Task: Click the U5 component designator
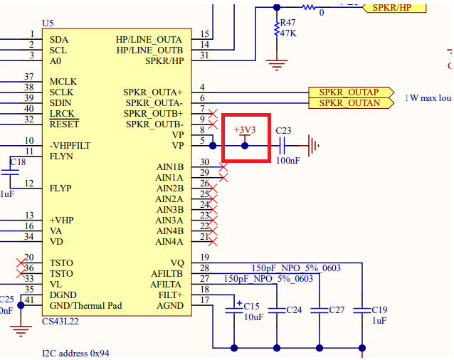48,23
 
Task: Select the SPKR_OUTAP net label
349,92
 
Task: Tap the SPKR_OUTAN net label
349,103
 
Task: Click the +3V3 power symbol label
244,130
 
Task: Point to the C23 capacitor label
283,130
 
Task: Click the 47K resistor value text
288,33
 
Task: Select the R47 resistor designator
288,23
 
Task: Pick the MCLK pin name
63,82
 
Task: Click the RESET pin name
64,124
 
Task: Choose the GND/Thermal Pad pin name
85,306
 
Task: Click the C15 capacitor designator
252,306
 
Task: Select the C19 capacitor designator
379,309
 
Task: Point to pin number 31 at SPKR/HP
205,55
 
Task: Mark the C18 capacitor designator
19,162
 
